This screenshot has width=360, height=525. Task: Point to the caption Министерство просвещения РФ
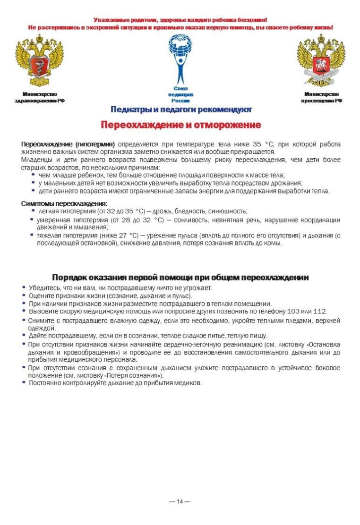321,97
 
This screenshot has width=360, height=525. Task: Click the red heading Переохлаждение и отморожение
180,125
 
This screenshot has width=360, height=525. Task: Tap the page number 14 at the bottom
180,501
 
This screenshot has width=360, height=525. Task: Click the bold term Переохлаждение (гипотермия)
68,144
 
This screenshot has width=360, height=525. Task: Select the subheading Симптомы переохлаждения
64,203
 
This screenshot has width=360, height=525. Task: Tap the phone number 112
319,312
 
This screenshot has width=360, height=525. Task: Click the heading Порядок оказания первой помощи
180,277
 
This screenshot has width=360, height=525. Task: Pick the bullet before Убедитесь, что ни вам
24,288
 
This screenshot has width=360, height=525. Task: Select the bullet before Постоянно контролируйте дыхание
24,383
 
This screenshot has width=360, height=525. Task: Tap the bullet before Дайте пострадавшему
24,336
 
